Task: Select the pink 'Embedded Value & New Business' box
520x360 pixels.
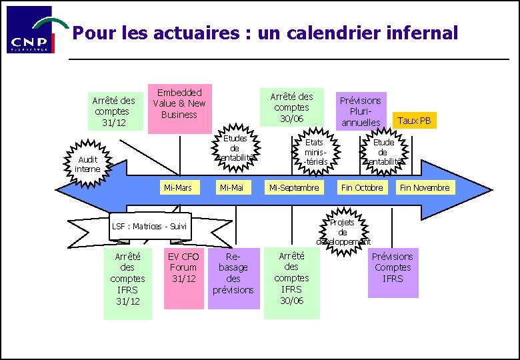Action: point(179,103)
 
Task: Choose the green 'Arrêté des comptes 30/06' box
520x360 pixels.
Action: point(292,107)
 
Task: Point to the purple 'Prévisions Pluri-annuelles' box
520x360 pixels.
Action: point(361,111)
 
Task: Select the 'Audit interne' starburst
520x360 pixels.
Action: point(87,164)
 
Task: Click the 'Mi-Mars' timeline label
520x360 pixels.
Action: point(178,188)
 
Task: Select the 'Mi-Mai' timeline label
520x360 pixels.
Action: point(231,188)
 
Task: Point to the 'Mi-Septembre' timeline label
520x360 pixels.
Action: point(294,188)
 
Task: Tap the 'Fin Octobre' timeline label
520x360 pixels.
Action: point(362,188)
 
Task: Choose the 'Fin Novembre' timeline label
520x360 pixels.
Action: point(424,188)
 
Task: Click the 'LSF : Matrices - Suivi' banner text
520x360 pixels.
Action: point(149,227)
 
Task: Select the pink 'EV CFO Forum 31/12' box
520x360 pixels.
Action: point(183,278)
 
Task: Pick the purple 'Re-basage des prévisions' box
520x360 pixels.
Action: point(233,278)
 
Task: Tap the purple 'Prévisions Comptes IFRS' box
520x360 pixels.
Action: point(393,271)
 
